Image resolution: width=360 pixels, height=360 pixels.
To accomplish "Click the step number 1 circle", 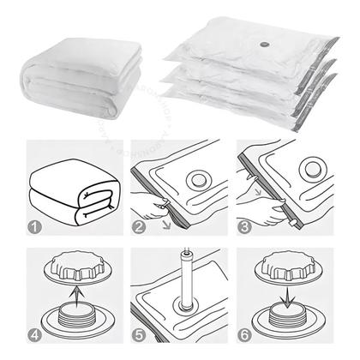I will pos(33,228).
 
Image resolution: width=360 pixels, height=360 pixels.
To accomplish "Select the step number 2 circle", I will pos(141,228).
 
